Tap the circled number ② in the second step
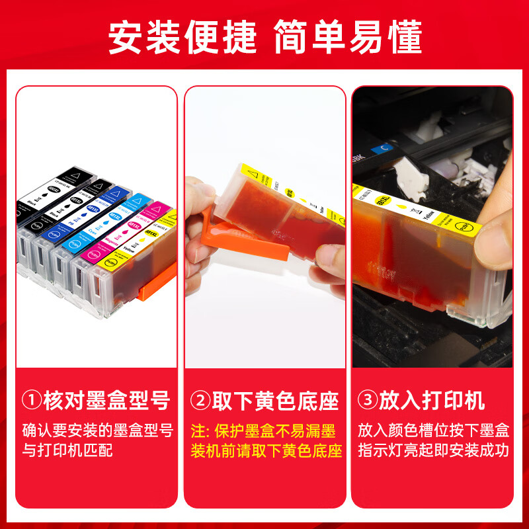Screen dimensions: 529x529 click(200, 401)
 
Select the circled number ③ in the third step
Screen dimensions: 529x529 click(366, 401)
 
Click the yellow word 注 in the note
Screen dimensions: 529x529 click(198, 431)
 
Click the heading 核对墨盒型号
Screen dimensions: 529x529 click(106, 401)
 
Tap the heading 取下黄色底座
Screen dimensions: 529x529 click(274, 401)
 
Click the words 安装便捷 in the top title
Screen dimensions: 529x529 click(182, 37)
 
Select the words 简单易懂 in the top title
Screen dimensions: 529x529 click(347, 37)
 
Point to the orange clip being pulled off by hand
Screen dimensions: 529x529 click(231, 231)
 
